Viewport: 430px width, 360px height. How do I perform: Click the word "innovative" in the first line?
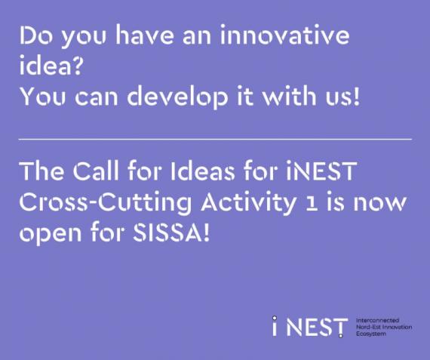[284, 35]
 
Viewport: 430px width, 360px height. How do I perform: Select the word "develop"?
[177, 97]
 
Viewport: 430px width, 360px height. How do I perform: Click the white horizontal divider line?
[215, 140]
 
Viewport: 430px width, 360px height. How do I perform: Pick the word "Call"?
[96, 171]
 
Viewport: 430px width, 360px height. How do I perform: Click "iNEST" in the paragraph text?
[321, 171]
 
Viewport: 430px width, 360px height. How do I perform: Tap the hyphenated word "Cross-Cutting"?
[106, 202]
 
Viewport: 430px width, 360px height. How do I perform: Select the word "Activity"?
[248, 202]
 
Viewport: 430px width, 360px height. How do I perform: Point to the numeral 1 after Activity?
[312, 205]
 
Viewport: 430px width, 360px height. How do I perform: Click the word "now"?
[379, 204]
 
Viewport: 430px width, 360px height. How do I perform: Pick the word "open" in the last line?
[51, 235]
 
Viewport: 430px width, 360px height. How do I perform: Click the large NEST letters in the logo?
[317, 327]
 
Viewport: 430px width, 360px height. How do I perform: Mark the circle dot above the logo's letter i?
[275, 318]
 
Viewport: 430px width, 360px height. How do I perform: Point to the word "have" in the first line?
[145, 35]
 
